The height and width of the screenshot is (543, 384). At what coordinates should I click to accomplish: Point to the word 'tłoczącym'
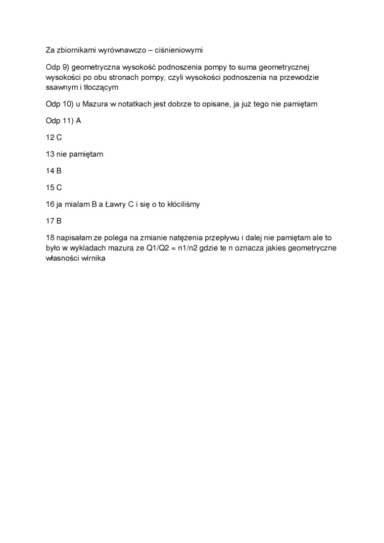coord(102,87)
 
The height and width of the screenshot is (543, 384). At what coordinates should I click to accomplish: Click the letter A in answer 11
coord(78,121)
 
